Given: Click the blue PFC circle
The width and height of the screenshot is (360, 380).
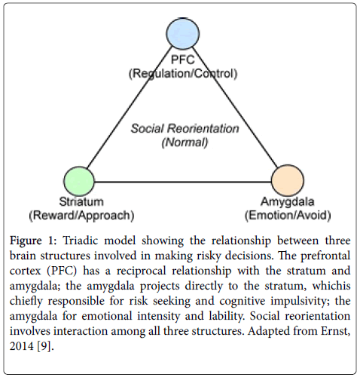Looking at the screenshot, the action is tap(183, 33).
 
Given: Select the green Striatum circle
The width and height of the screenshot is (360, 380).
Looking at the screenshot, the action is tap(79, 181).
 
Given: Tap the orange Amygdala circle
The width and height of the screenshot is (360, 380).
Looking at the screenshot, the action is tap(288, 180).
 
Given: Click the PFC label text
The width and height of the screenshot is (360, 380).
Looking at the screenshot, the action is tap(183, 60).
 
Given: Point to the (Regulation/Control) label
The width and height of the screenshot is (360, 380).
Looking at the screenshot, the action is tap(183, 74).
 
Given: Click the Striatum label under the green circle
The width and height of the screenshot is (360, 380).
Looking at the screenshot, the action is tap(81, 201).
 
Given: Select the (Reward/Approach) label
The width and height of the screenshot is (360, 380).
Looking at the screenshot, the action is tap(81, 216).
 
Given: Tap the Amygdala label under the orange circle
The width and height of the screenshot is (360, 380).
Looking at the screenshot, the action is tap(288, 202).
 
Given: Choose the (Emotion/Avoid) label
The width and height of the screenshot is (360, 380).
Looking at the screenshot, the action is tap(288, 216).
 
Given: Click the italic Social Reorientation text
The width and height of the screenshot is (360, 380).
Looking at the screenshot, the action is tap(185, 128).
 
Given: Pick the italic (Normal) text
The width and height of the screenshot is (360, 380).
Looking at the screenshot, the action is tap(185, 142).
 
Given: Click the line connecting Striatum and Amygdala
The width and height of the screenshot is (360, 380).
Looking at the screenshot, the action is tap(183, 182).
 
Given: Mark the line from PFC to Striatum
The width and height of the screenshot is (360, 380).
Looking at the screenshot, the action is tap(129, 107).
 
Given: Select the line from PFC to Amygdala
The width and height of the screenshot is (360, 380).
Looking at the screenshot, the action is tap(236, 107).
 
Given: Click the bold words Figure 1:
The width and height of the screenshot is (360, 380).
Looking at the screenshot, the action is tap(33, 241).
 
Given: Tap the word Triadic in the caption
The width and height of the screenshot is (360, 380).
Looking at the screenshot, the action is tap(81, 241).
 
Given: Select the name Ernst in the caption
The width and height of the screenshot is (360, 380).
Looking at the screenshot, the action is tap(335, 331).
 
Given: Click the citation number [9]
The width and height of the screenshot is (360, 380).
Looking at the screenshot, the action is tap(45, 346).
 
